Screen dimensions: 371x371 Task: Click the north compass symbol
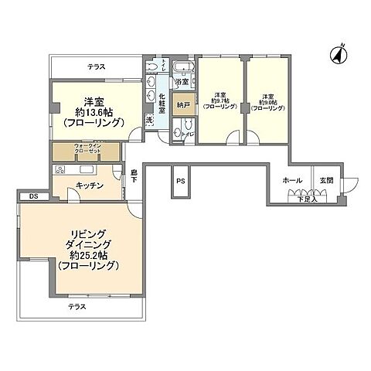click(338, 54)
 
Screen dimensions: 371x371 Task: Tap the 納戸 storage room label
click(183, 104)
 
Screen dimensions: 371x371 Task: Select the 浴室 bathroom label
click(182, 82)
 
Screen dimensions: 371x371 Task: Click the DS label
click(33, 196)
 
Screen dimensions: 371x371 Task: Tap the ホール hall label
click(292, 180)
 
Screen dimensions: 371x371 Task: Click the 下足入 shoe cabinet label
click(307, 199)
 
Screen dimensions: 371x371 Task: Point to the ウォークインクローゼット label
click(85, 150)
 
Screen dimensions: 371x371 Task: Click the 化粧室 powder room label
click(162, 104)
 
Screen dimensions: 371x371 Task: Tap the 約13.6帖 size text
click(94, 111)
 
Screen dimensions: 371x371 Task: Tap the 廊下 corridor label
click(134, 175)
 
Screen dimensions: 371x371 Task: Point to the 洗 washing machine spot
click(149, 121)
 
